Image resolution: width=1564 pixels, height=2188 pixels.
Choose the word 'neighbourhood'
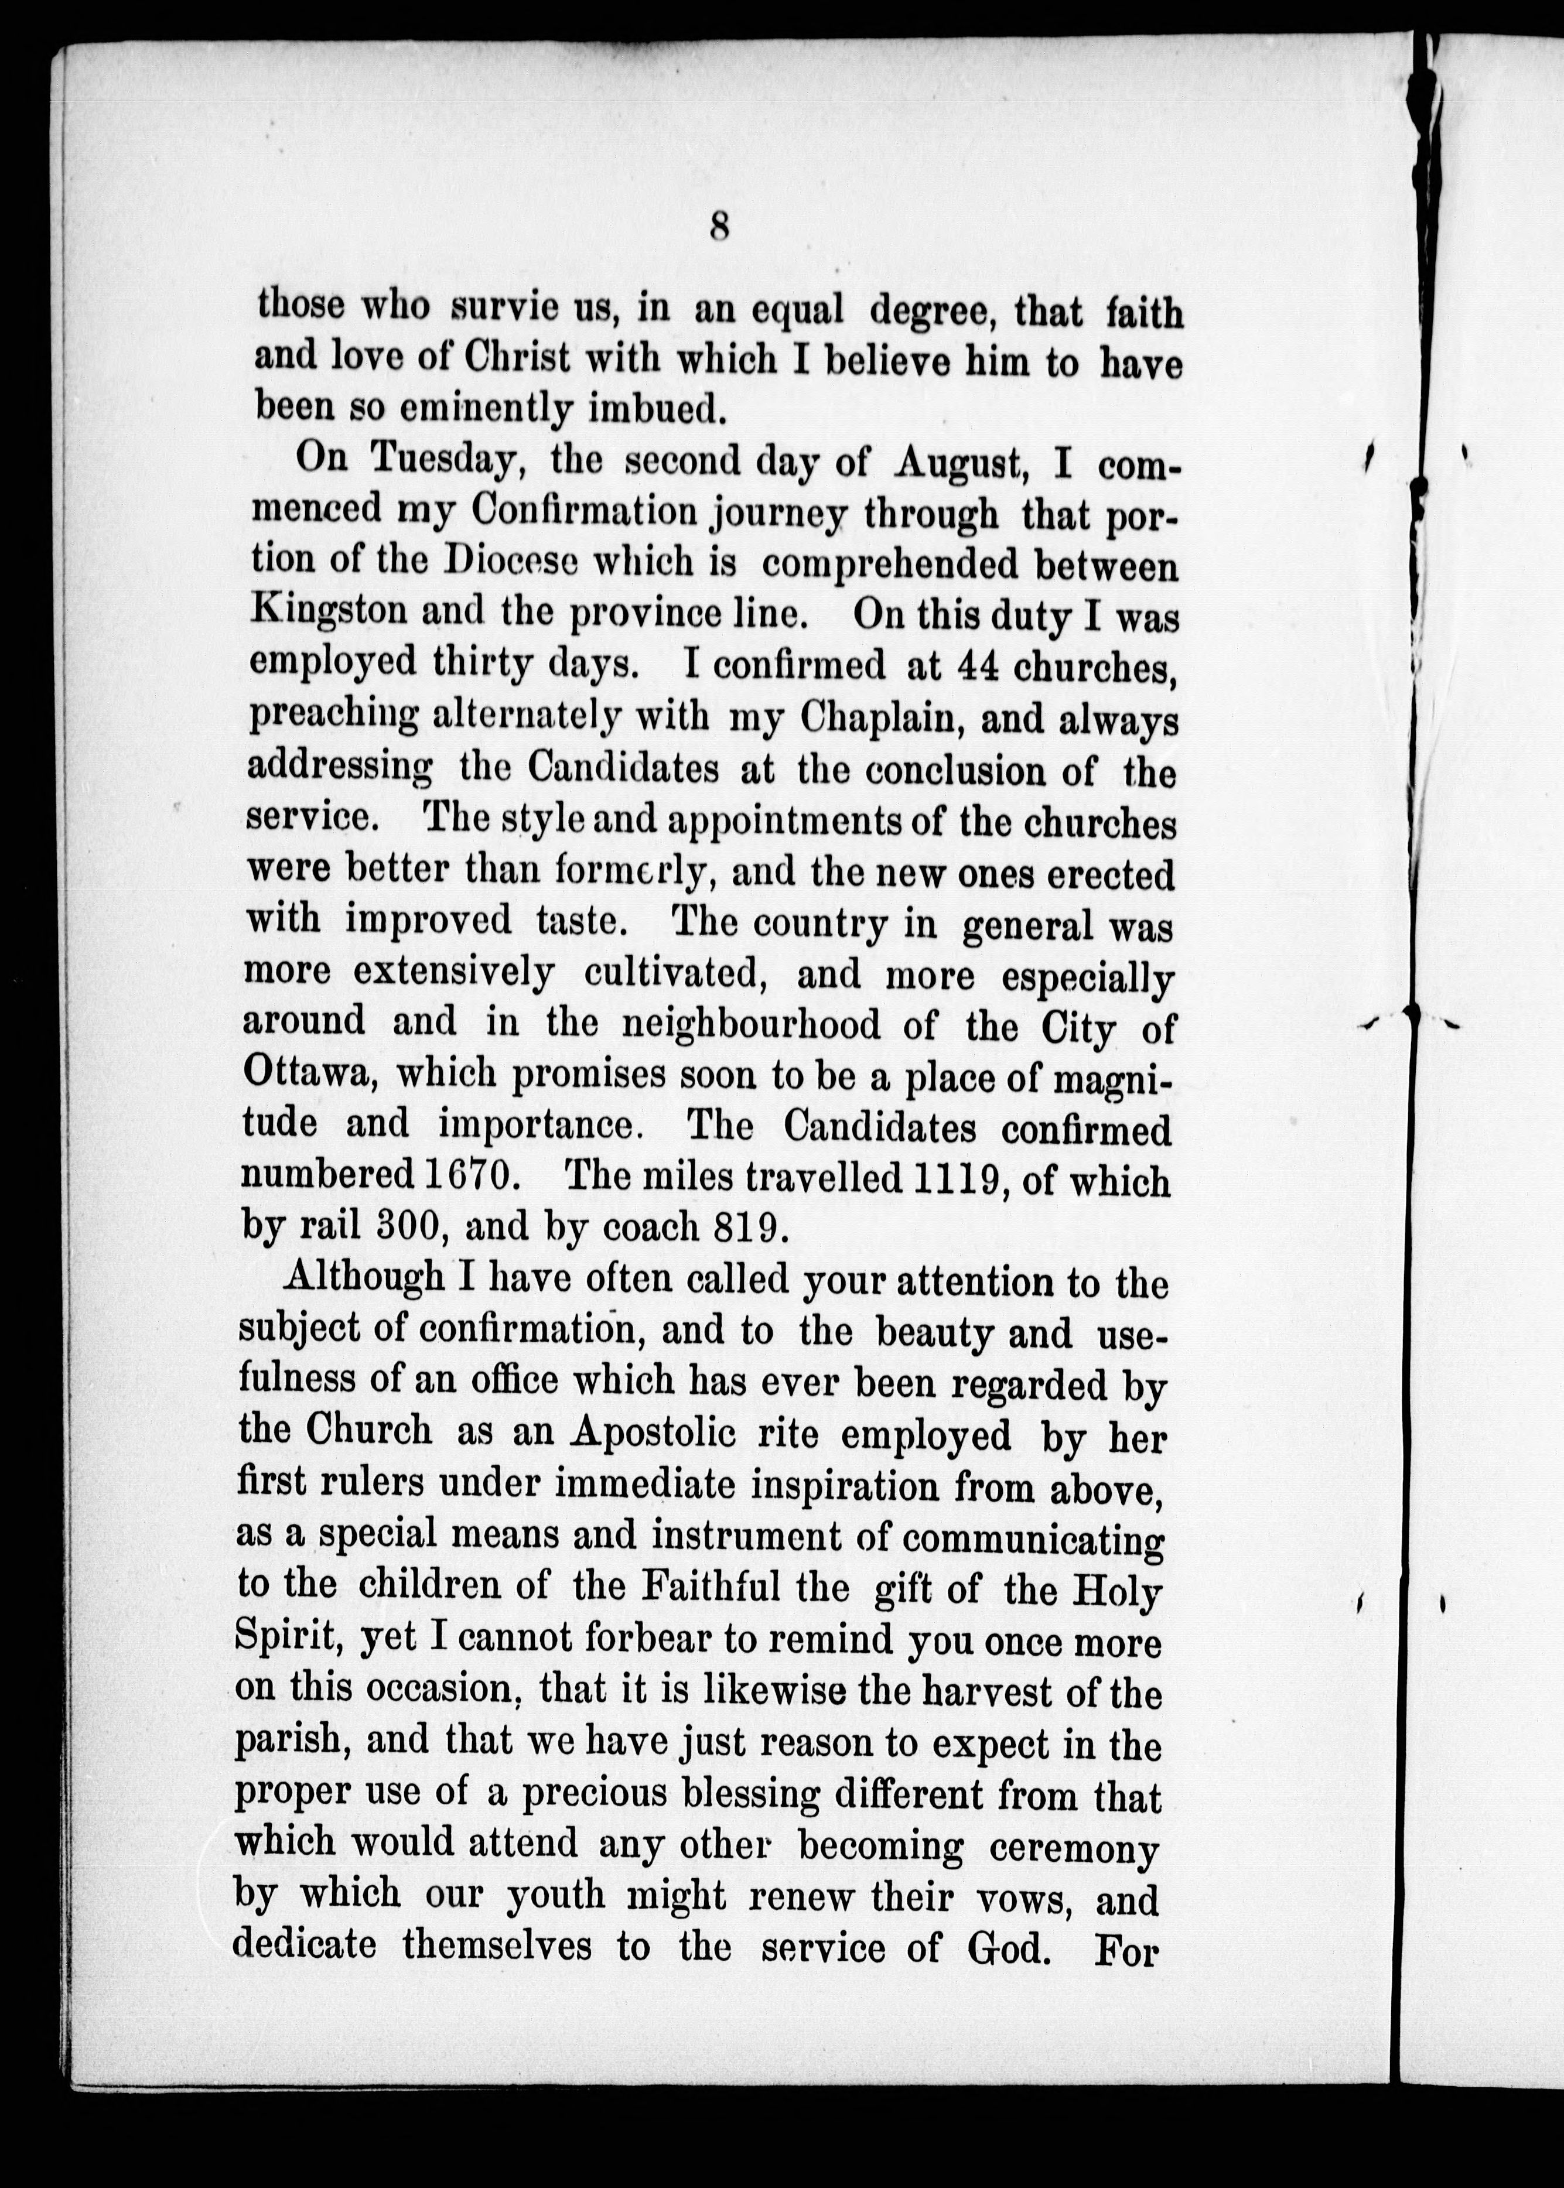click(x=751, y=1024)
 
